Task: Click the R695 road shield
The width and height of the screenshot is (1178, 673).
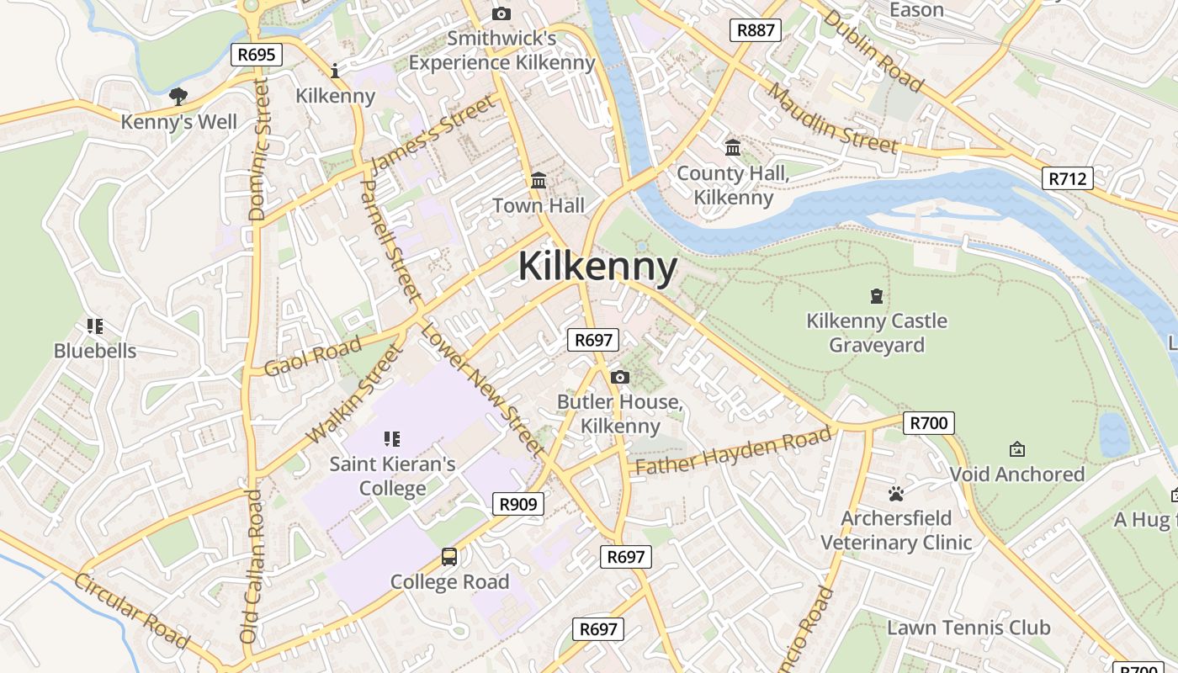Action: pyautogui.click(x=256, y=56)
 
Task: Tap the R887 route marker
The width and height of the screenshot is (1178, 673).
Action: pyautogui.click(x=755, y=31)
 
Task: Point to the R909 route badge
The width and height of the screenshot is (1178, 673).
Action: pyautogui.click(x=517, y=504)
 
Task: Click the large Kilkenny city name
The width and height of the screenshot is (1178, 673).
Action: pyautogui.click(x=597, y=268)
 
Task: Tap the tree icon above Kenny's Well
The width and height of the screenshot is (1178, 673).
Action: pyautogui.click(x=178, y=96)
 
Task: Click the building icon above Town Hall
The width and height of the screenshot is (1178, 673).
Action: pyautogui.click(x=539, y=180)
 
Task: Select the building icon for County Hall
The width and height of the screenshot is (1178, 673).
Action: pyautogui.click(x=733, y=148)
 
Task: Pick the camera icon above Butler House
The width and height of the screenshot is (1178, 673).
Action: pyautogui.click(x=620, y=377)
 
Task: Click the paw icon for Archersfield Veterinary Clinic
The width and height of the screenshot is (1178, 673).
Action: pyautogui.click(x=896, y=493)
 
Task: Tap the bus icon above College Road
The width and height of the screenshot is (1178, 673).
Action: pyautogui.click(x=449, y=556)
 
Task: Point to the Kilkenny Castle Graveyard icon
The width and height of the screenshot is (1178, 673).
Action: pyautogui.click(x=877, y=296)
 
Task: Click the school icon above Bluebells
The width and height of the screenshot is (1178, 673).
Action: pyautogui.click(x=95, y=326)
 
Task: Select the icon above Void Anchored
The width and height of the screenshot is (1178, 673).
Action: pyautogui.click(x=1016, y=449)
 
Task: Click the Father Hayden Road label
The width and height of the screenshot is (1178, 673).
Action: pyautogui.click(x=733, y=452)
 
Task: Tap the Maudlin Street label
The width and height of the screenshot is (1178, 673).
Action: pyautogui.click(x=832, y=119)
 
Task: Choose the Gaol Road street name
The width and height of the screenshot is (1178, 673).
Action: pyautogui.click(x=313, y=356)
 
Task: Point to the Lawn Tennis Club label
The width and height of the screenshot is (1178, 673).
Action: pyautogui.click(x=968, y=628)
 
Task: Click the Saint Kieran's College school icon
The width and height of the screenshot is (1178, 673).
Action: pyautogui.click(x=391, y=438)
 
